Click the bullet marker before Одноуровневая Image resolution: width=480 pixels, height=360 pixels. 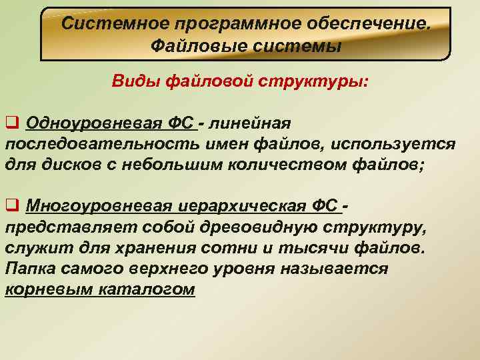(11, 123)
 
